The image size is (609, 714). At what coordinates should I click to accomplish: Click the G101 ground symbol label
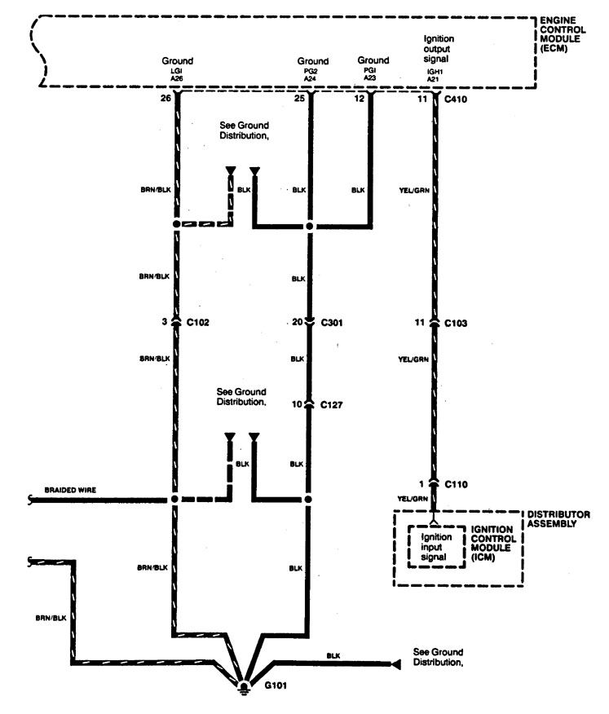pos(276,685)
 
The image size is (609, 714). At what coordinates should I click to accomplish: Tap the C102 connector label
pos(198,323)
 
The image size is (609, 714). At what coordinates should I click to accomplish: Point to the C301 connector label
pos(333,323)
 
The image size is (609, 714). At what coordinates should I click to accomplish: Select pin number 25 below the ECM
pos(300,100)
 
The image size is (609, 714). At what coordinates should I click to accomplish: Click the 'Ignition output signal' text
pos(439,50)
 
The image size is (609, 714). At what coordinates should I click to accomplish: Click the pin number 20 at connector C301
pos(299,323)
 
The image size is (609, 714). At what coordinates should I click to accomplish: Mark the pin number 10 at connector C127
pos(298,403)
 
